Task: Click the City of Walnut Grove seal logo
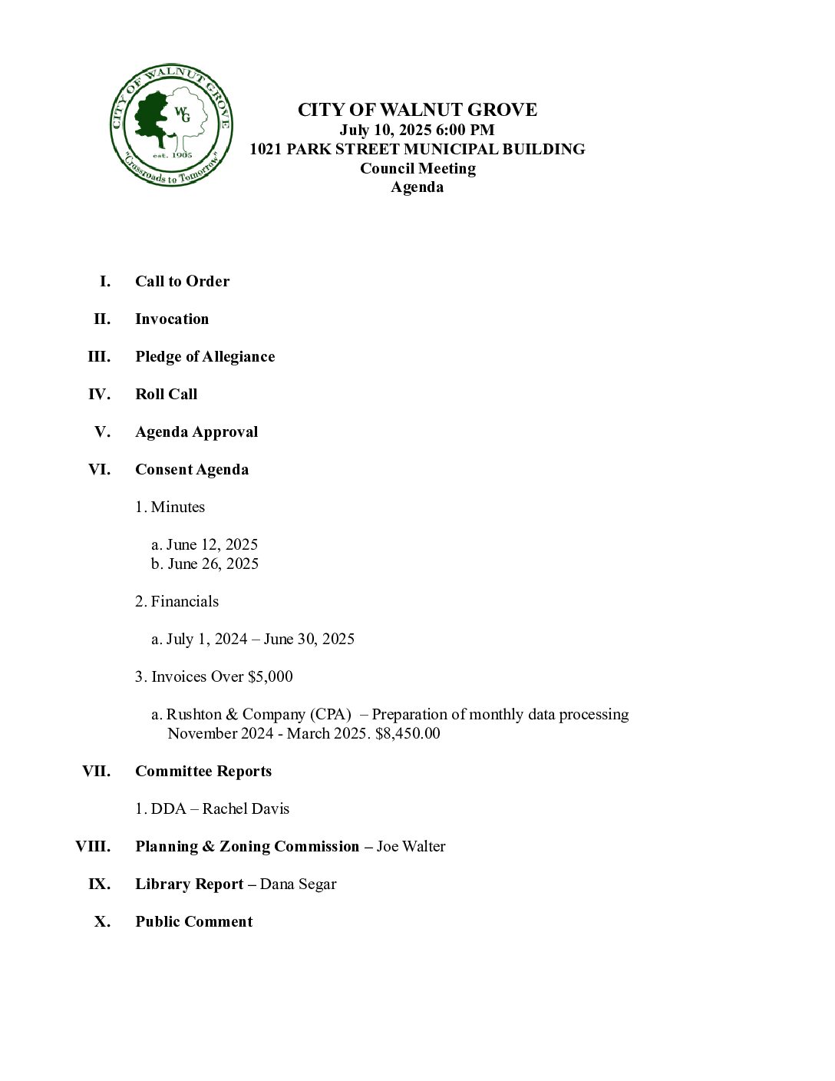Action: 171,125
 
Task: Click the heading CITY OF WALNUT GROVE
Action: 417,110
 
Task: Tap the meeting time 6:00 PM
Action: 465,130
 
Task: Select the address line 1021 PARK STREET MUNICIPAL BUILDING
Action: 417,149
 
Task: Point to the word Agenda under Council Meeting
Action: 417,187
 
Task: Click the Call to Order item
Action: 182,281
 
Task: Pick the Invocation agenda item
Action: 172,319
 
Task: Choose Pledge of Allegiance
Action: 205,356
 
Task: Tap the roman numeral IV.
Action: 99,394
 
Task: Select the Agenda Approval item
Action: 196,431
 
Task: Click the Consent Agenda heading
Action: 192,469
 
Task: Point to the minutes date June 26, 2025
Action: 213,564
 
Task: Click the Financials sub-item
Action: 184,601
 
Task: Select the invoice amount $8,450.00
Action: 408,733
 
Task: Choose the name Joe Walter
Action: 411,846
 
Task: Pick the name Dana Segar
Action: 298,884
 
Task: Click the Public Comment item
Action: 193,921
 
